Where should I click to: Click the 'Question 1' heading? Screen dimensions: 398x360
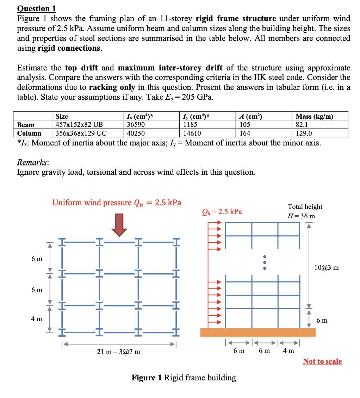37,8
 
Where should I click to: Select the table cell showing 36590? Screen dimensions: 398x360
136,125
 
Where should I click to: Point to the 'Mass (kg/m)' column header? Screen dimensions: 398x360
315,116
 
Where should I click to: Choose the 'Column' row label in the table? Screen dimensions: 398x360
29,133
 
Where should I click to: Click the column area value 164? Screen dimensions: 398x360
244,133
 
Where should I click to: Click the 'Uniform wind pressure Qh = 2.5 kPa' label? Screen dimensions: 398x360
117,203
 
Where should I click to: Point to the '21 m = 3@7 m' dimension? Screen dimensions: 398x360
118,352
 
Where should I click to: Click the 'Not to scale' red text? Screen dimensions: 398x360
322,361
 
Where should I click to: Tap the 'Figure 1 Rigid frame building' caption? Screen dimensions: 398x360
184,378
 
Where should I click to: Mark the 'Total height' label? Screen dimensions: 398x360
305,207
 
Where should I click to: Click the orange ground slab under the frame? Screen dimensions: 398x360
257,332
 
